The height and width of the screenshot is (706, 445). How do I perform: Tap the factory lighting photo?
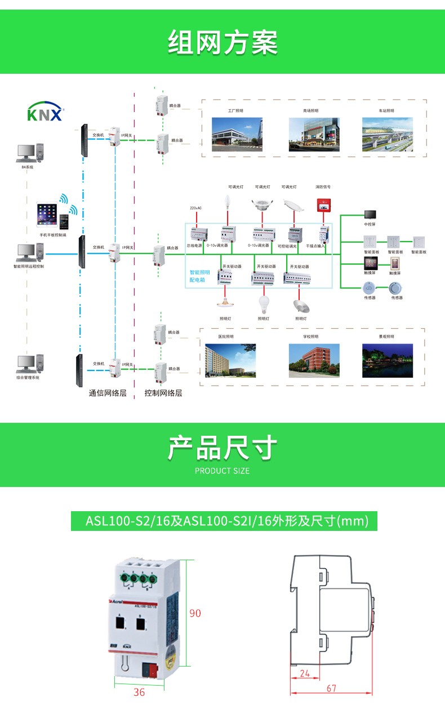[236, 134]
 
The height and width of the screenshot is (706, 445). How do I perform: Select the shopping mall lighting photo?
[314, 134]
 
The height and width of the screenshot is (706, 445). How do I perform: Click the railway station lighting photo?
[388, 134]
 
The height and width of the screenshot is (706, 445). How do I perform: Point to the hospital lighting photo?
[230, 360]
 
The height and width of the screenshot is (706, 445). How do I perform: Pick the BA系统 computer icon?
[28, 153]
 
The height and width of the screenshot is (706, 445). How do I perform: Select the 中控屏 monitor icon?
[370, 215]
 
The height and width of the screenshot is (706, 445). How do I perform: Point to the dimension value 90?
[195, 613]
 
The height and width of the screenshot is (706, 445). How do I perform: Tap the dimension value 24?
[305, 673]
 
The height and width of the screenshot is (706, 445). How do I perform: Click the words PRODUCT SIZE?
[222, 471]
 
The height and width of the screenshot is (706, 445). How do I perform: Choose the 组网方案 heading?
[222, 43]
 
